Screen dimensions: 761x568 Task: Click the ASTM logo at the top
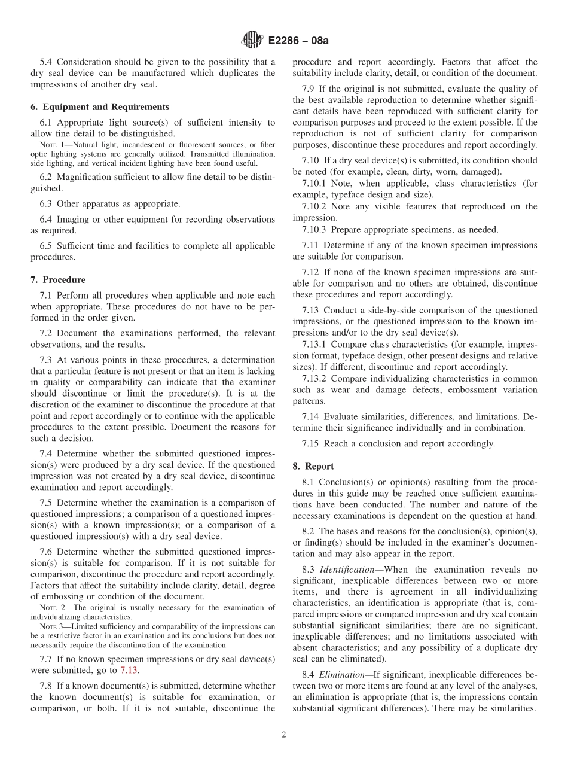(x=252, y=40)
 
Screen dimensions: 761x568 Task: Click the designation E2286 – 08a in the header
(x=297, y=41)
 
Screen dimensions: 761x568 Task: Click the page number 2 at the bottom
(x=284, y=735)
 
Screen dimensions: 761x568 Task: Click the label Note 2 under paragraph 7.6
(x=51, y=608)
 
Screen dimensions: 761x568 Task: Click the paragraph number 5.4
(x=46, y=62)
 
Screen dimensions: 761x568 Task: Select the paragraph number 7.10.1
(x=314, y=184)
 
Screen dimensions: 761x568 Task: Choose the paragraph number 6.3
(x=46, y=203)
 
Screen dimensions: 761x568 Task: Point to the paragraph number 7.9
(x=309, y=89)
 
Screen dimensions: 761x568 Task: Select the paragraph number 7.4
(x=46, y=453)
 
